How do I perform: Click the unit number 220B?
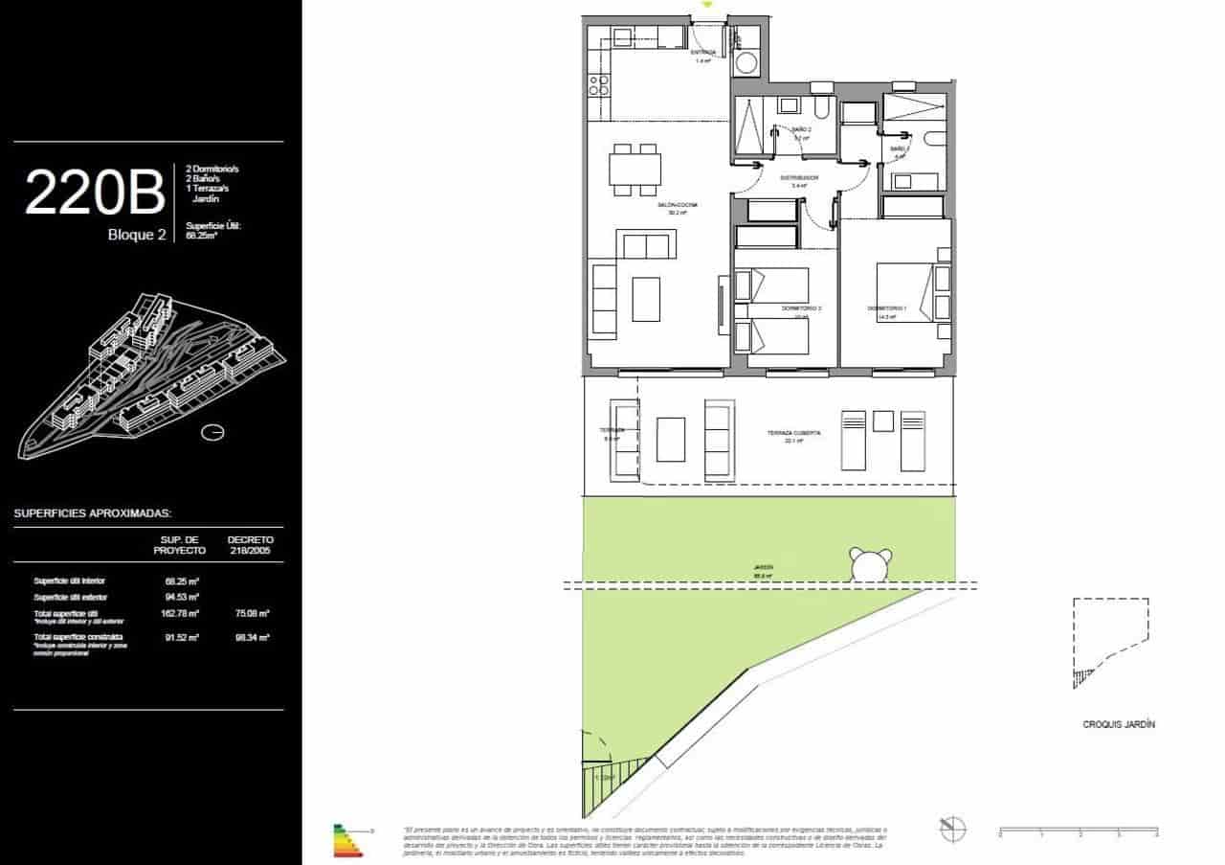[94, 192]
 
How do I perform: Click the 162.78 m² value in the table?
[180, 613]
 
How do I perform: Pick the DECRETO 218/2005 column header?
[250, 545]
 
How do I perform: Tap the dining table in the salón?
[635, 170]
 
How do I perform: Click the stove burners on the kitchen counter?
[598, 85]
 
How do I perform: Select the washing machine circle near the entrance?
[746, 64]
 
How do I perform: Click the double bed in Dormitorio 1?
[904, 293]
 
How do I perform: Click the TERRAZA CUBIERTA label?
[793, 433]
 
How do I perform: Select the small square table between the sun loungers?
[882, 421]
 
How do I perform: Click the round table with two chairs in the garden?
[871, 565]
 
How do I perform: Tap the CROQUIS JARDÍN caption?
[1112, 725]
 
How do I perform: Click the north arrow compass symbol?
[952, 829]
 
